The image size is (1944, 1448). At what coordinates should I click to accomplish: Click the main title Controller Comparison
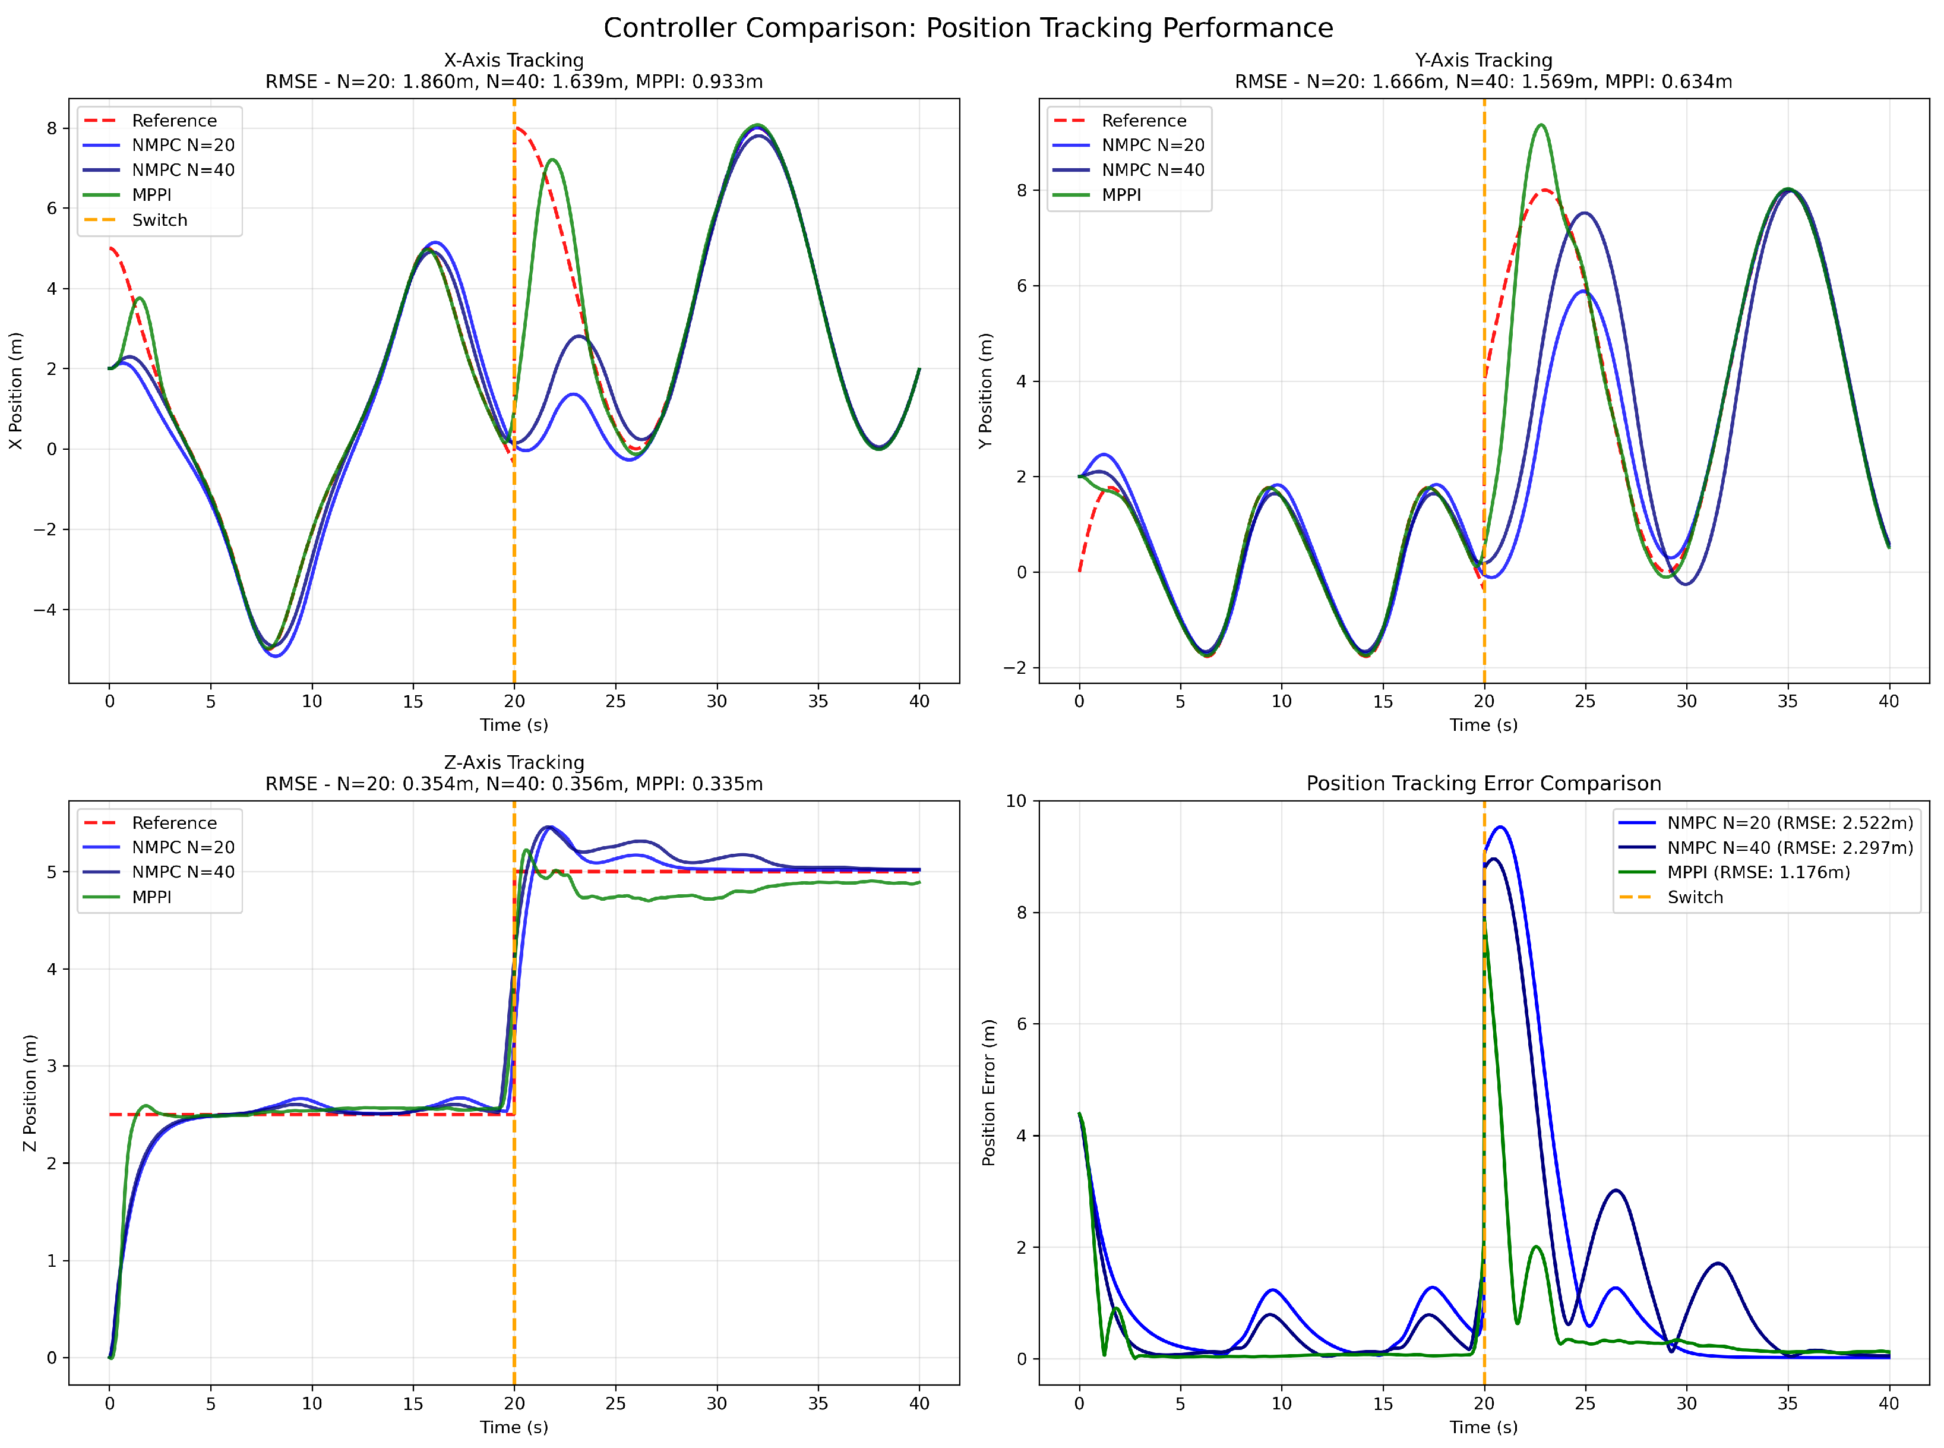click(x=968, y=28)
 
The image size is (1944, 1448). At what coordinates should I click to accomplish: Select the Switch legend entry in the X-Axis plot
click(x=159, y=220)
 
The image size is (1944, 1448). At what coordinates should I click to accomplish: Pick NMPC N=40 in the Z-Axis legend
click(x=183, y=872)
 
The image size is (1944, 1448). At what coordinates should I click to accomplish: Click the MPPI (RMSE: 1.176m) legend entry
click(x=1757, y=872)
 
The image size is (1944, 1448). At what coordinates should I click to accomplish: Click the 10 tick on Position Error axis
click(x=1016, y=801)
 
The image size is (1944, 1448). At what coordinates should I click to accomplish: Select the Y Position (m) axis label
click(x=985, y=391)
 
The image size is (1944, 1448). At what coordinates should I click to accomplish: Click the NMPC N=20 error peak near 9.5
click(x=1501, y=828)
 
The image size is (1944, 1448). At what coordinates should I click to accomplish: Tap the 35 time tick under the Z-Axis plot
click(x=817, y=1403)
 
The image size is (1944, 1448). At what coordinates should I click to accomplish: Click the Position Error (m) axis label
click(x=988, y=1093)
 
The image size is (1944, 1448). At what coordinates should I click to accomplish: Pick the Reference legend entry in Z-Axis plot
click(x=173, y=823)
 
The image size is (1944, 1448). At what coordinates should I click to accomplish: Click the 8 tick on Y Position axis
click(x=1022, y=190)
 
